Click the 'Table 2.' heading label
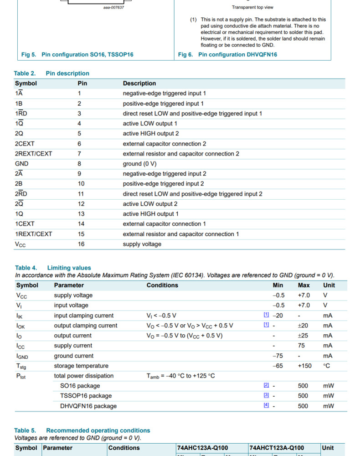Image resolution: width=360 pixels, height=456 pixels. [x=25, y=73]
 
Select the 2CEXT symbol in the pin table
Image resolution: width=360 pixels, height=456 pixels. [x=25, y=144]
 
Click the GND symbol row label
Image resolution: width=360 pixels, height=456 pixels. [x=21, y=164]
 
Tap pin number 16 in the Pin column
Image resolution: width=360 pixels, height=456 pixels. [x=81, y=244]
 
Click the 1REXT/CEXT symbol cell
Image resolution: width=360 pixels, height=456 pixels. [x=33, y=234]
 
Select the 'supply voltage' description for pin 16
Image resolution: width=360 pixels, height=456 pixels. [x=142, y=244]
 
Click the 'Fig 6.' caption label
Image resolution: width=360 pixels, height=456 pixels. [x=185, y=55]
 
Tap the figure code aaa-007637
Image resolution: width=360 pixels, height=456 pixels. [x=113, y=7]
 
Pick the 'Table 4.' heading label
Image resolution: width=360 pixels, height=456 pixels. [x=26, y=268]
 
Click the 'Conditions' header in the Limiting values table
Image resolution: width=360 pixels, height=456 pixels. [x=162, y=285]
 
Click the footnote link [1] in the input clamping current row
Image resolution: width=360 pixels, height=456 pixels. [x=266, y=315]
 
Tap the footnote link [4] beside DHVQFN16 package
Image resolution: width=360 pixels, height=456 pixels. [x=266, y=405]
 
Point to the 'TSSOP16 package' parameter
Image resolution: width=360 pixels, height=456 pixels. [x=86, y=396]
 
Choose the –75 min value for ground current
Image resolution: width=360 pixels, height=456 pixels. [x=278, y=356]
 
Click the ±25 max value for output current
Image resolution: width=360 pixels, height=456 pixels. [x=304, y=336]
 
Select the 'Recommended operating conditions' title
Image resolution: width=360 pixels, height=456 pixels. [x=98, y=430]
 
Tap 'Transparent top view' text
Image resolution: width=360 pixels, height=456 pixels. [x=252, y=7]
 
